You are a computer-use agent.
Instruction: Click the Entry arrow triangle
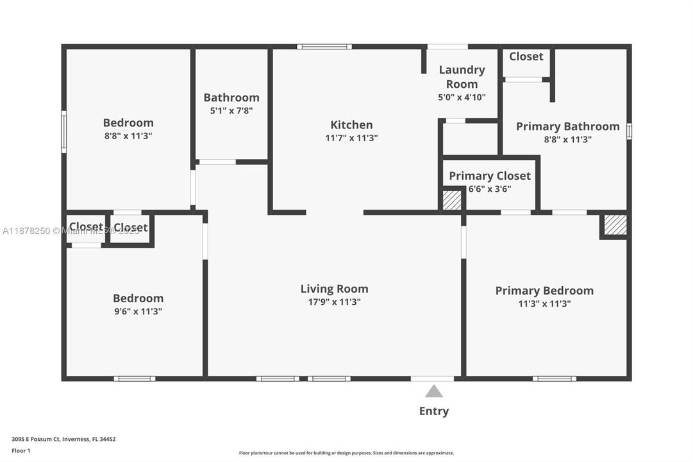click(434, 391)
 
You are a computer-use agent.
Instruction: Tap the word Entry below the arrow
click(434, 411)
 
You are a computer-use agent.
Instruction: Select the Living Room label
click(334, 289)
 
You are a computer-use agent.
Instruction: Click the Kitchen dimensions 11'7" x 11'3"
click(351, 138)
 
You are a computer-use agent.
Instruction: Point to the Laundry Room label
click(462, 76)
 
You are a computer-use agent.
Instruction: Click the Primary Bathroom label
click(567, 126)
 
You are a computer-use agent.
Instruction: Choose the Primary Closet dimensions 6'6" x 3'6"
click(490, 189)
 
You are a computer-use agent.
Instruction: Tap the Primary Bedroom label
click(544, 291)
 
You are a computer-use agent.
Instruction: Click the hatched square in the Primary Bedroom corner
click(615, 225)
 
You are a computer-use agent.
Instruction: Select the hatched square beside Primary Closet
click(453, 200)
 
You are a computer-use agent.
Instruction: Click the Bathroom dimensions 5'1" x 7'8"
click(231, 110)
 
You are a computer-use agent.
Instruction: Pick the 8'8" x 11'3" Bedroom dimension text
click(128, 136)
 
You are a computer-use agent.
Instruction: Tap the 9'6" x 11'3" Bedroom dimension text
click(138, 311)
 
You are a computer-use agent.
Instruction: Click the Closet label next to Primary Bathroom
click(526, 56)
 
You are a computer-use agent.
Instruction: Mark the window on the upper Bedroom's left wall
click(64, 132)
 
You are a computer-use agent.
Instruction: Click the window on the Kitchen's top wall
click(324, 47)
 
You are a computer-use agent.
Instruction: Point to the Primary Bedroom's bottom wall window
click(554, 379)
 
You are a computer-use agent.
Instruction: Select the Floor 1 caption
click(21, 450)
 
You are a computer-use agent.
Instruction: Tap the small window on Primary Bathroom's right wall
click(629, 131)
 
